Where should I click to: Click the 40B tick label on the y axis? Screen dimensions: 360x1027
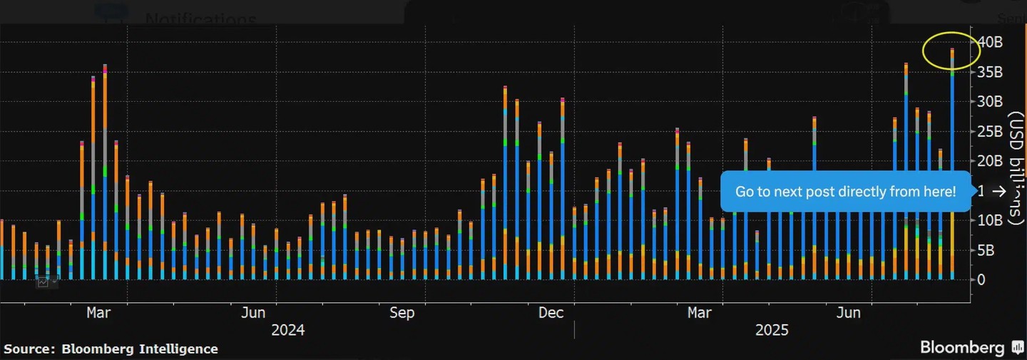coord(990,43)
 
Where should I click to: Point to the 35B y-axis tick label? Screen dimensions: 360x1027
coord(990,72)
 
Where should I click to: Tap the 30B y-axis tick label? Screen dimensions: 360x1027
coord(990,102)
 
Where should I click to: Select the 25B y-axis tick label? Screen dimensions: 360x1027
coord(990,131)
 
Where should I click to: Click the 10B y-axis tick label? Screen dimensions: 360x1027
coord(990,220)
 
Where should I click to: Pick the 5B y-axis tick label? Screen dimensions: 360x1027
coord(987,250)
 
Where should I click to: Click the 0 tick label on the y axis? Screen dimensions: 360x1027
coord(981,279)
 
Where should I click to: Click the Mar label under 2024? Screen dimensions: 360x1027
coord(98,313)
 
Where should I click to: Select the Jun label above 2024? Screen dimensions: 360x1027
coord(253,313)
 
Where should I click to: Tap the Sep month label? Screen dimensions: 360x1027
coord(402,313)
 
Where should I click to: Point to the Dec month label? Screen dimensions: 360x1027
coord(551,313)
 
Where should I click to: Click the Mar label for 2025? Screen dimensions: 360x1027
coord(700,313)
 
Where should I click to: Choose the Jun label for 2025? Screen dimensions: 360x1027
coord(848,313)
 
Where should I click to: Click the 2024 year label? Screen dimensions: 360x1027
coord(287,330)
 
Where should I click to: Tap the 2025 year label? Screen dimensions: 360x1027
coord(772,330)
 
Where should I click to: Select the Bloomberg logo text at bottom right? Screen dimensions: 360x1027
coord(962,347)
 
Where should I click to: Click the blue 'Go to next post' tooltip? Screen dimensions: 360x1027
coord(845,191)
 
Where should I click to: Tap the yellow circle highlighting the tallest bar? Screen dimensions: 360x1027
coord(951,51)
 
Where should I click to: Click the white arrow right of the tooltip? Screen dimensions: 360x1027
coord(999,191)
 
